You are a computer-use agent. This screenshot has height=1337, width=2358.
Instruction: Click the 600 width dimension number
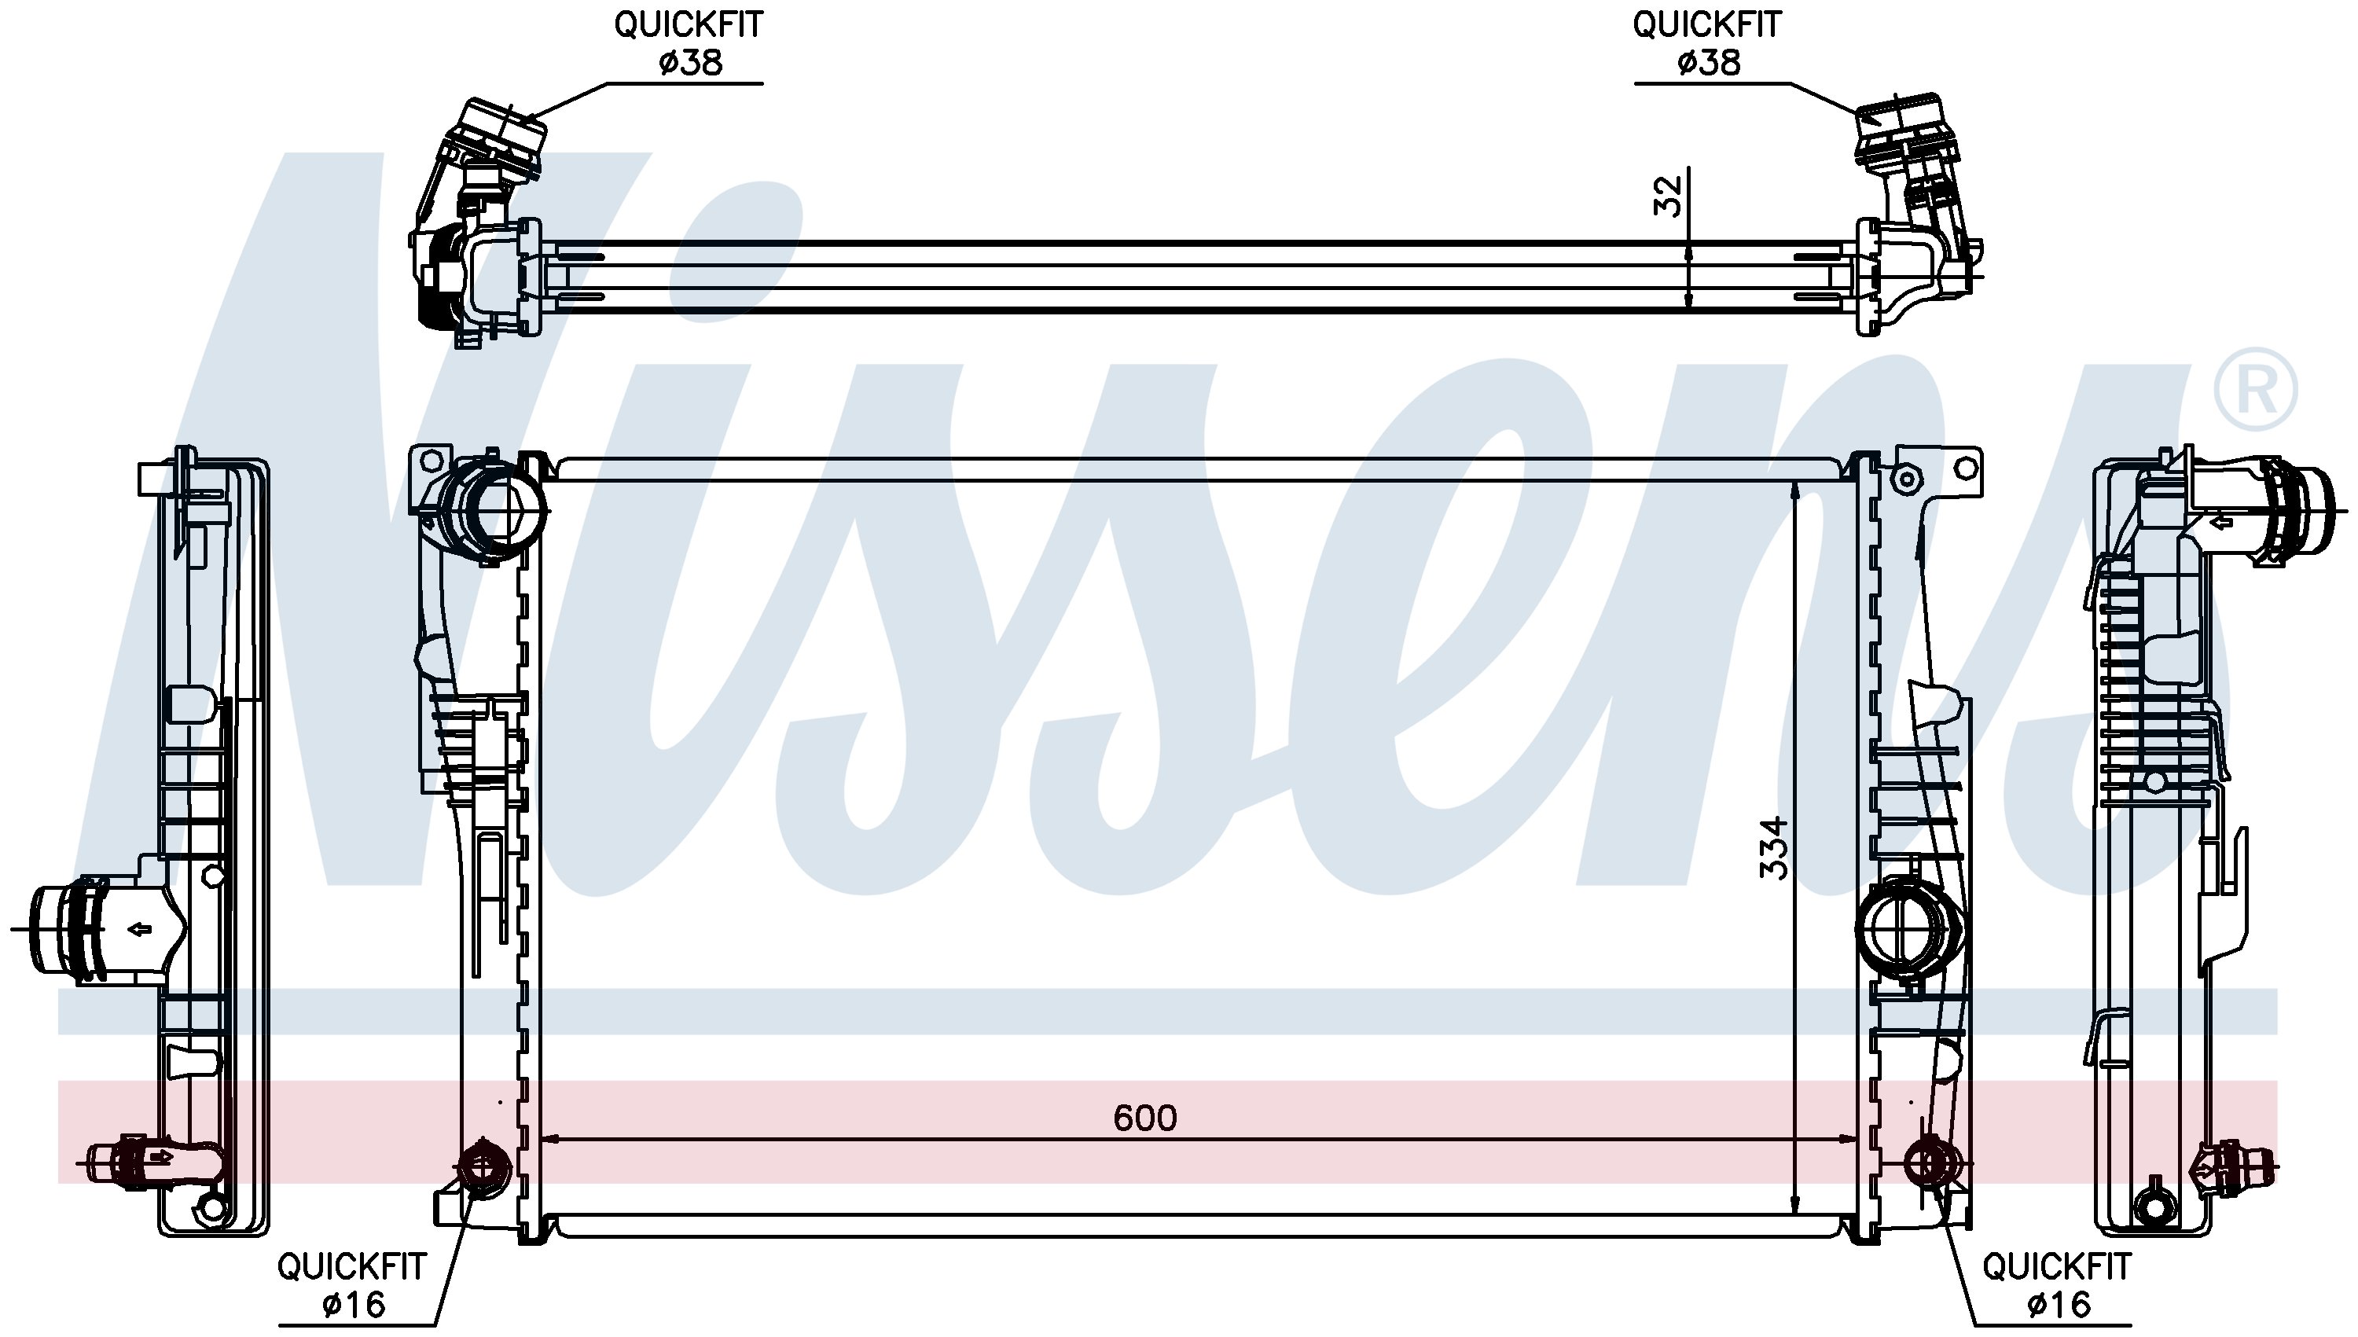tap(1144, 1118)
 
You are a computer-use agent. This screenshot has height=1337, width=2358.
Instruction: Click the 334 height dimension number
tap(1774, 847)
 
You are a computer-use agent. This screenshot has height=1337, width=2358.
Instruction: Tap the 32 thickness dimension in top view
tap(1667, 196)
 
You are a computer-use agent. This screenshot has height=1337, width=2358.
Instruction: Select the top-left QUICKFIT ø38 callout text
tap(689, 43)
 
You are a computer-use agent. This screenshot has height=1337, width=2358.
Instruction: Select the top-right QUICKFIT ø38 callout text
tap(1707, 43)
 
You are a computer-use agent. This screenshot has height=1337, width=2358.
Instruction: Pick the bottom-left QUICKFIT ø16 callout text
tap(353, 1284)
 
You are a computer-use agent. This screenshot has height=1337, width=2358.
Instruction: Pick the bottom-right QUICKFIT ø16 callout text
tap(2057, 1284)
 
